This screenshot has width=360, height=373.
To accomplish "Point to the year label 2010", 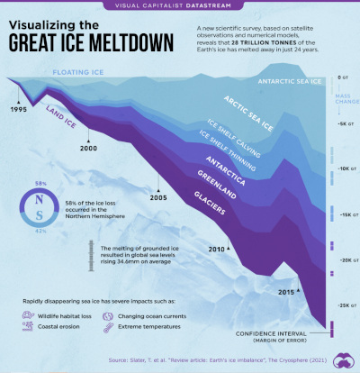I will pos(215,248).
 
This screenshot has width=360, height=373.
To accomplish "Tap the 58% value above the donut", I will pos(39,183).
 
